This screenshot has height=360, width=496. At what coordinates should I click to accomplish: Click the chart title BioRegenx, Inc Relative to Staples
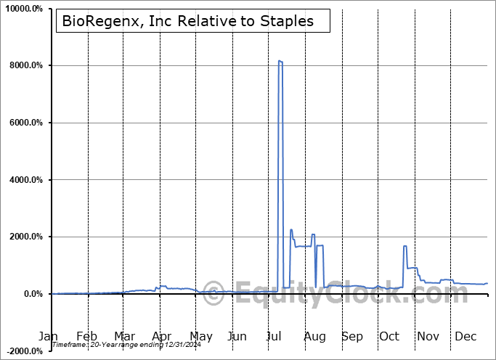point(188,21)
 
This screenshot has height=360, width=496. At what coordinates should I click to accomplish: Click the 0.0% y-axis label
point(33,294)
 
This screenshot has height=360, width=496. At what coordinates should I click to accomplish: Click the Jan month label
point(48,337)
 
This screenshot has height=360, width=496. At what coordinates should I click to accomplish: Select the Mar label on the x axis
point(124,337)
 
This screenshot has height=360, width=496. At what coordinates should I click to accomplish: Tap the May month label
point(200,337)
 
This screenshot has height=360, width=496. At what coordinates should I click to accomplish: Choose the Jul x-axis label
point(275,337)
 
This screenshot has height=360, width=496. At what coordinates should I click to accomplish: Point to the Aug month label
point(314,337)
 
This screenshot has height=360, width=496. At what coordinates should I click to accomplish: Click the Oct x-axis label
point(390,337)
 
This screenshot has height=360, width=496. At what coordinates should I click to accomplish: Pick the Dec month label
point(465,337)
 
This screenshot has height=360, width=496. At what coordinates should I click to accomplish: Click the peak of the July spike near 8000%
point(280,61)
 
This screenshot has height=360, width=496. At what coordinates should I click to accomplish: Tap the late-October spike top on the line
point(404,246)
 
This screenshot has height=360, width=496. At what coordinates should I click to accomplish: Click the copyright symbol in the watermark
point(213,294)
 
